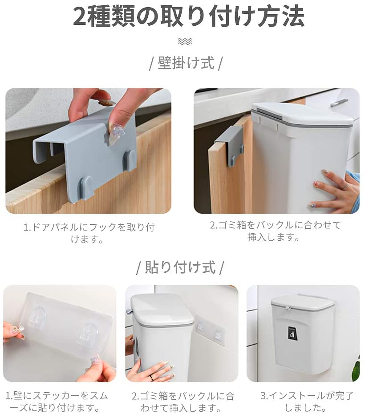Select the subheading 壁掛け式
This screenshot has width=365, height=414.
pos(185,63)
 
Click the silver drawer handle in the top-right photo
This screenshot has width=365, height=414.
pos(339,102)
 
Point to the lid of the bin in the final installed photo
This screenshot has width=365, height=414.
pos(302,302)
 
